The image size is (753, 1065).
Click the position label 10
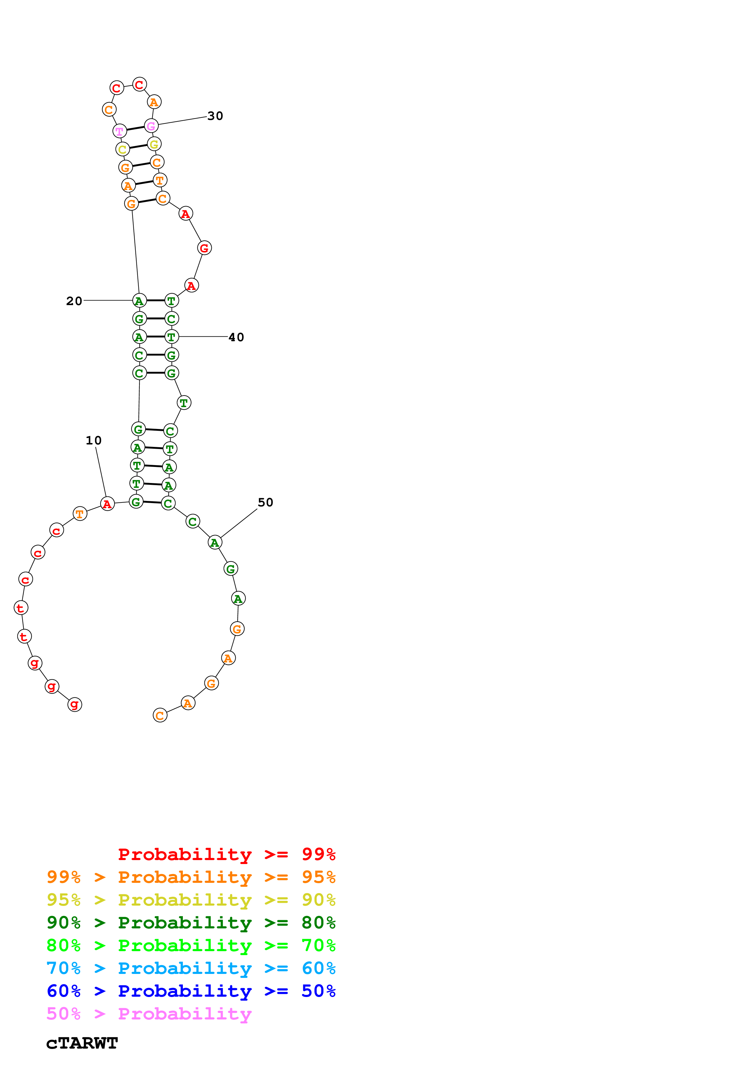tap(93, 440)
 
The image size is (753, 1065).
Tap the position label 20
tap(74, 301)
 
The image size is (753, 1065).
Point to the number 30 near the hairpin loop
tap(215, 116)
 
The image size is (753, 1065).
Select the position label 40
tap(236, 337)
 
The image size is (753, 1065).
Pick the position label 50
tap(265, 502)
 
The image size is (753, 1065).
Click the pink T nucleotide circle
tap(120, 131)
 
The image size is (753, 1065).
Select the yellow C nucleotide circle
tap(122, 149)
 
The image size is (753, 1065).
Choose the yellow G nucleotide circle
tap(154, 144)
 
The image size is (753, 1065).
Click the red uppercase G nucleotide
tap(204, 248)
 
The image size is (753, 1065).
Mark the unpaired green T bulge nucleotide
tap(184, 403)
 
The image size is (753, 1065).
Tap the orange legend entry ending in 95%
tap(191, 877)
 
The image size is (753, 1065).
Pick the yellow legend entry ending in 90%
tap(191, 900)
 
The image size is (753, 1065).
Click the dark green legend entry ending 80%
tap(191, 923)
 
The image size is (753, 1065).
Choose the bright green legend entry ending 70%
tap(191, 945)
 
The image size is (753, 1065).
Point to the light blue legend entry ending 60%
tap(191, 968)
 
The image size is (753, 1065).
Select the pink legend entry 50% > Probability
tap(149, 1013)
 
